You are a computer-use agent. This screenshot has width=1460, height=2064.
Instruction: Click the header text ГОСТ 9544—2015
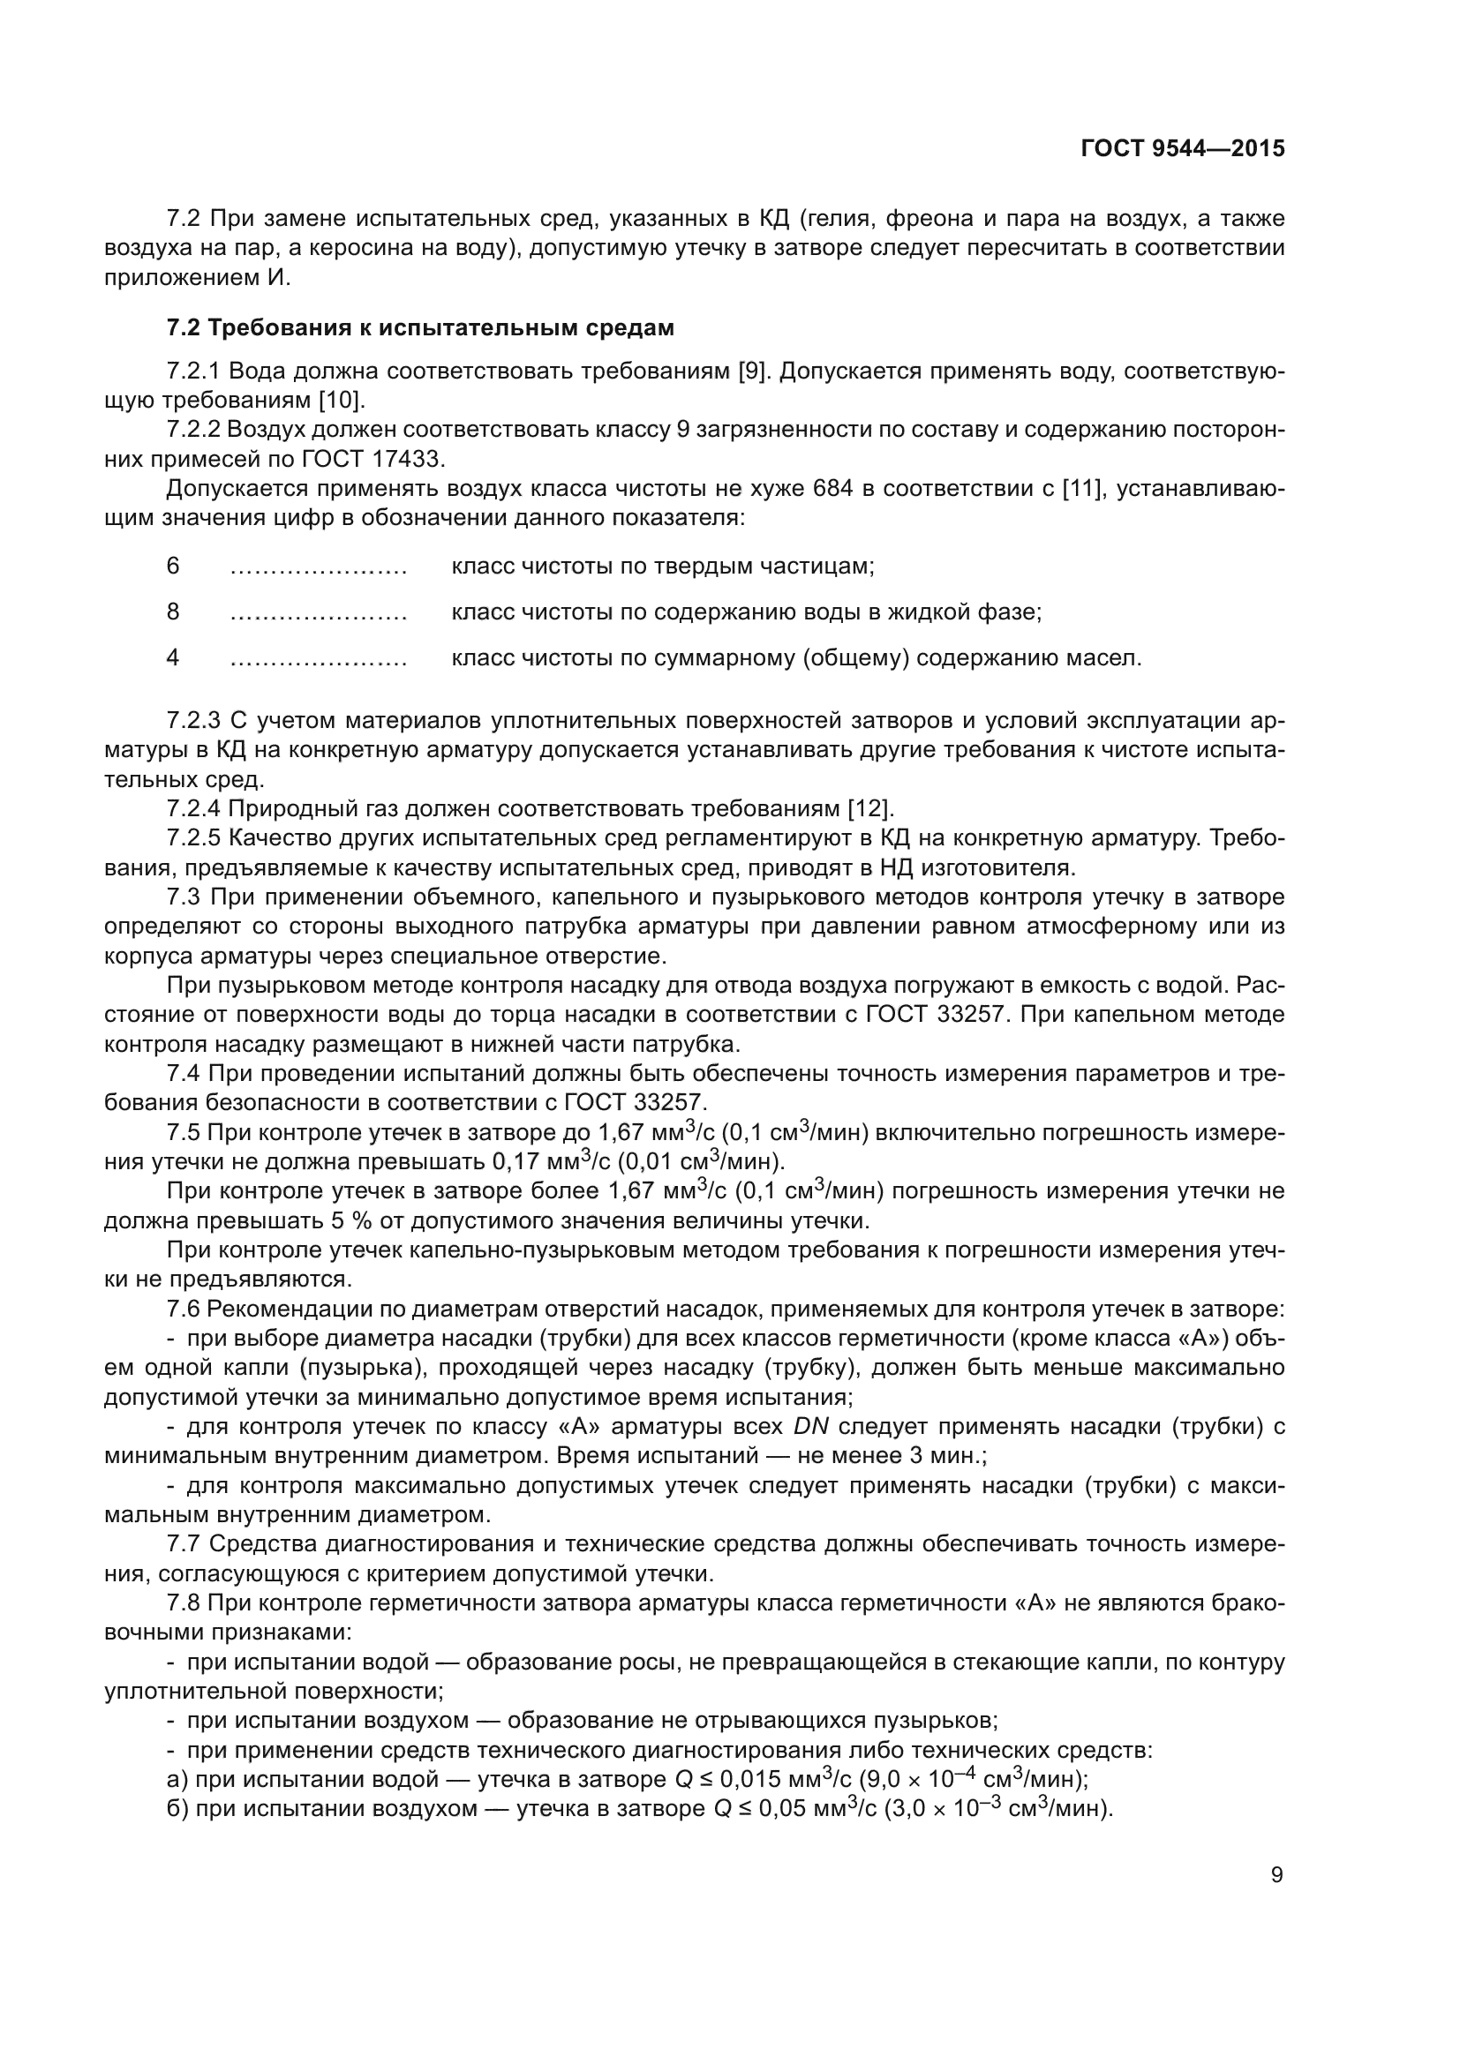(x=1182, y=148)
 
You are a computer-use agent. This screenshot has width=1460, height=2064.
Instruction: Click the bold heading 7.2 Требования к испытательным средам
(x=420, y=328)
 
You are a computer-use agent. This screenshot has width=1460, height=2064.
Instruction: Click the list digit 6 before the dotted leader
(x=173, y=566)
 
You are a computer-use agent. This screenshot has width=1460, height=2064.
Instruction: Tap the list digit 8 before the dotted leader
(x=173, y=612)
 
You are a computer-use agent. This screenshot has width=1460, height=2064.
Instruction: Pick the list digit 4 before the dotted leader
(x=173, y=657)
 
